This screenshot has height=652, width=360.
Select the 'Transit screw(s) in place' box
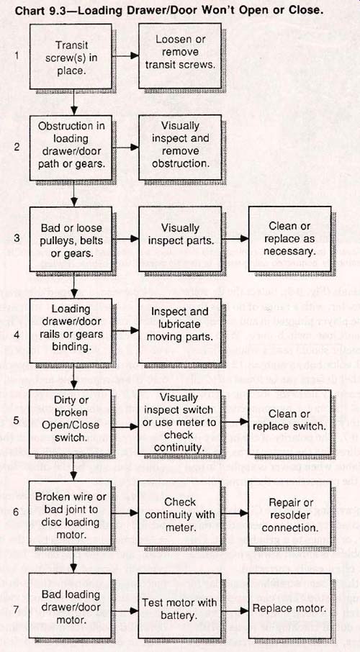tap(71, 57)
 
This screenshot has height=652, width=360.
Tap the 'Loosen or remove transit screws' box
tap(180, 57)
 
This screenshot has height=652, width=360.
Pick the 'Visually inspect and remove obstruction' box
tap(180, 148)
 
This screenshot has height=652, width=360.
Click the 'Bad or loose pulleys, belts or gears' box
tap(71, 239)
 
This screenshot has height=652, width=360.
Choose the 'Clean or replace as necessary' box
tap(289, 239)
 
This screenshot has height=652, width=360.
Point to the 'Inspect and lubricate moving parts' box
tap(180, 330)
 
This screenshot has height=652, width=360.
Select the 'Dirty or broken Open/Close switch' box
tap(71, 422)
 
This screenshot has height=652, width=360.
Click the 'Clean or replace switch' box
tap(289, 422)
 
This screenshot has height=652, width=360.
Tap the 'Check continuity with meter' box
tap(180, 514)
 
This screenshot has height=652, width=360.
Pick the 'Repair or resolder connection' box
tap(289, 514)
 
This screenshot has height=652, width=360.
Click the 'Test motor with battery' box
tap(180, 605)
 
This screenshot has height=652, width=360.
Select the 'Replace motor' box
tap(289, 605)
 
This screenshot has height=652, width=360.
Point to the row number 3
tap(17, 238)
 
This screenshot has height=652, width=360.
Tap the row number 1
tap(17, 55)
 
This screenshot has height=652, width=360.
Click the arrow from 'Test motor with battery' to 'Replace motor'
tap(235, 610)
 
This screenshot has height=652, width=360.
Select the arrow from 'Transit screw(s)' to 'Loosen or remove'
tap(125, 55)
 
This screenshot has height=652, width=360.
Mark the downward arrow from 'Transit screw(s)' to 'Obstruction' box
tap(74, 102)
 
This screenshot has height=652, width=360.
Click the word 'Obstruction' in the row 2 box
tap(71, 126)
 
